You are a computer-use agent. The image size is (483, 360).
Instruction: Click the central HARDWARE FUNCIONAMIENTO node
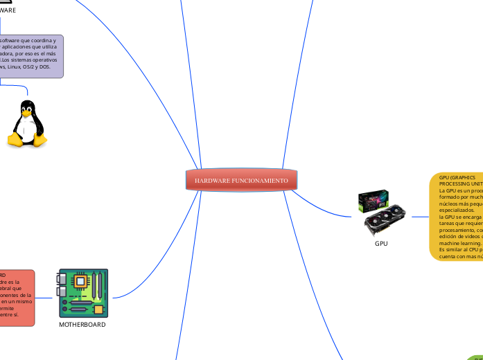[242, 180]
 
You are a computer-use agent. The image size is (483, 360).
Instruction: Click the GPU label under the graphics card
[381, 244]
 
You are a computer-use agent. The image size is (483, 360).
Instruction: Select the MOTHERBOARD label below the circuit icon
[82, 325]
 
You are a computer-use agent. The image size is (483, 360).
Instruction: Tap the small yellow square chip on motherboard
[98, 307]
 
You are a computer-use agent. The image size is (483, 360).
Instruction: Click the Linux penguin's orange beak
[27, 113]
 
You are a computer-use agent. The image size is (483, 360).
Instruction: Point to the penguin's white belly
[27, 129]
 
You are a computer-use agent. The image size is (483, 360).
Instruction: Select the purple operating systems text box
[31, 56]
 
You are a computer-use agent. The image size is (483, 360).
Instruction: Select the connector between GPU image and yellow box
[420, 217]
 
